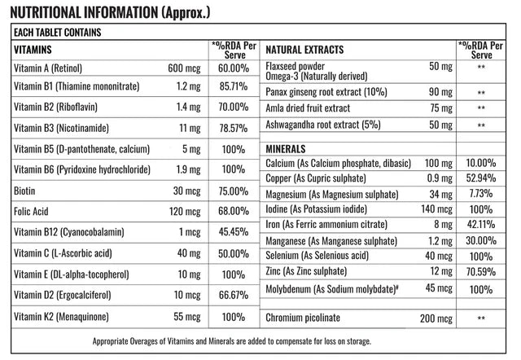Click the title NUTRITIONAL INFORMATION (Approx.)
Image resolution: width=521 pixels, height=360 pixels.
111,13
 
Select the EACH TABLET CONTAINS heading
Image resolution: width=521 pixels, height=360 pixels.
58,33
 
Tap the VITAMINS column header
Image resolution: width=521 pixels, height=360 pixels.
33,50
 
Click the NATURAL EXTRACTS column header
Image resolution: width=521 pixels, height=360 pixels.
304,50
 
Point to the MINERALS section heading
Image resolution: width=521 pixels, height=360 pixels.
286,149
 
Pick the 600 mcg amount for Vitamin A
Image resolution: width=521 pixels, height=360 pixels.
185,68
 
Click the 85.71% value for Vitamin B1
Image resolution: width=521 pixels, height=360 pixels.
234,86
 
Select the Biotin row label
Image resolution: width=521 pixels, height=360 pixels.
24,191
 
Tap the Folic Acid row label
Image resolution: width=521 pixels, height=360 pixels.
31,212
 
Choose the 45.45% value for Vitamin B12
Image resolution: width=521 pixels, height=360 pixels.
234,231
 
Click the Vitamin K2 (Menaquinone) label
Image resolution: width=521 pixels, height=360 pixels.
62,317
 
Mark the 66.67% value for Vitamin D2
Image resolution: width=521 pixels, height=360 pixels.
234,295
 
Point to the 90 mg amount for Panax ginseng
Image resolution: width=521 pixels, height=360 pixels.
440,92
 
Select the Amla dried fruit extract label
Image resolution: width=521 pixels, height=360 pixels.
308,108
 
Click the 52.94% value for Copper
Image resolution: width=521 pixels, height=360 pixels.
481,178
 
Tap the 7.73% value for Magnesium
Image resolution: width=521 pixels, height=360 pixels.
481,194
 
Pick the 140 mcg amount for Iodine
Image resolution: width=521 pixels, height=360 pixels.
437,209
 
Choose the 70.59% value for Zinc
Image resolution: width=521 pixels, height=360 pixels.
481,272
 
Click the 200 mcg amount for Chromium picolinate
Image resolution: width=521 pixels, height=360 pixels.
436,318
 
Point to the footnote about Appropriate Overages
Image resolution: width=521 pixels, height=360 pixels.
232,341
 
